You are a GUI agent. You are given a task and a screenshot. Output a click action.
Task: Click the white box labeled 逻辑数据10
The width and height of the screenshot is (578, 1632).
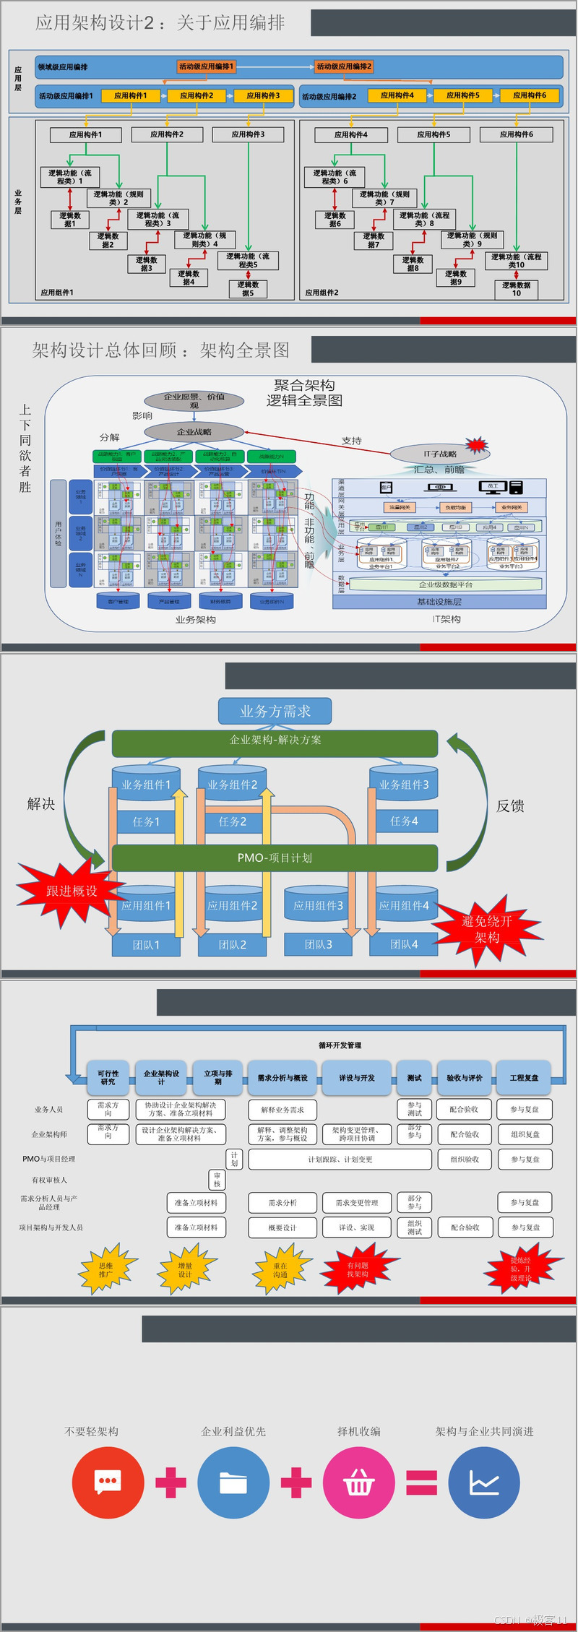(516, 289)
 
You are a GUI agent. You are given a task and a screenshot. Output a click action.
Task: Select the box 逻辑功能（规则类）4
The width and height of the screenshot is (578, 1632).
(204, 240)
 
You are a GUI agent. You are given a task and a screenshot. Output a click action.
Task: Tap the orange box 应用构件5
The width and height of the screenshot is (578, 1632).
(462, 95)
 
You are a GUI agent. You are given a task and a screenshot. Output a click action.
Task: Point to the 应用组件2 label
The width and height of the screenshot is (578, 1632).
(322, 293)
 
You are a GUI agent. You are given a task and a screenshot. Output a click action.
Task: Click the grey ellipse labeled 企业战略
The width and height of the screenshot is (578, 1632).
(194, 432)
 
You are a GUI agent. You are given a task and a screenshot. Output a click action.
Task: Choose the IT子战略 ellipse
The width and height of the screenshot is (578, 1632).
(440, 454)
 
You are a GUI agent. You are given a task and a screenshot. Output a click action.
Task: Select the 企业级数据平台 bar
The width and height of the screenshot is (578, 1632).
(446, 584)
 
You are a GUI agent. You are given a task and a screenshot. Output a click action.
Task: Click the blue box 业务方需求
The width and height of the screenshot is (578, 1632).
(275, 711)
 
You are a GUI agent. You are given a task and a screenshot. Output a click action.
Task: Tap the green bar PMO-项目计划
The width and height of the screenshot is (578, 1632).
(275, 858)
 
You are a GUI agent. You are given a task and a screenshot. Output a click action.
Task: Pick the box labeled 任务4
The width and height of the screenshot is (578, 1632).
(404, 821)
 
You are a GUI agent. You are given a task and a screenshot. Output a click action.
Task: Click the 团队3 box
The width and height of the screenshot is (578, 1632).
(318, 944)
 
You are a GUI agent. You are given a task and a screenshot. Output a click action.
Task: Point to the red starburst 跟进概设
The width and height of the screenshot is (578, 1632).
(71, 891)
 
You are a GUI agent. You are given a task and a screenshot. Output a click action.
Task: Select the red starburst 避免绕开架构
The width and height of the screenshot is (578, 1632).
(487, 929)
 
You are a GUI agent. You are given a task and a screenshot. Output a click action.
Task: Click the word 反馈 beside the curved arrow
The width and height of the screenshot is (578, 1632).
(510, 806)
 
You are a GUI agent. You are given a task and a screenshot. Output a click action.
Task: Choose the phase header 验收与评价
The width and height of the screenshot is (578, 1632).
(465, 1078)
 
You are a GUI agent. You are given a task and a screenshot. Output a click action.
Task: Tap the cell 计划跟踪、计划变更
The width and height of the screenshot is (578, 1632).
(340, 1160)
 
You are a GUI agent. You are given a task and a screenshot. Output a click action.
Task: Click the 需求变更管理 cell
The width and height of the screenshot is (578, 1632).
(356, 1203)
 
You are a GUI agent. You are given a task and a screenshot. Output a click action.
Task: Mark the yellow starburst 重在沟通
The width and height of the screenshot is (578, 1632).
(280, 1270)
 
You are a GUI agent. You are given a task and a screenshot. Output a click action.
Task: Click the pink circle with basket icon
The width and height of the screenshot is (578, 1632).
(359, 1483)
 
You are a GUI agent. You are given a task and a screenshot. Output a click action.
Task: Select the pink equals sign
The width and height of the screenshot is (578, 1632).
(422, 1483)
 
